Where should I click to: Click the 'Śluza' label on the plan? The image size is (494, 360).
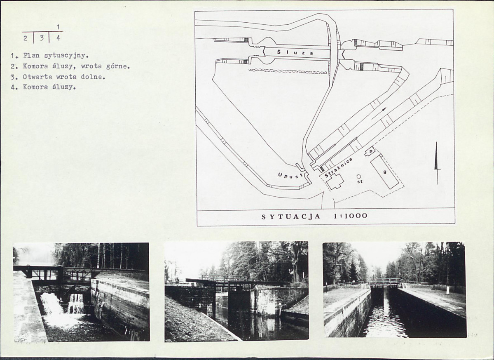pos(295,53)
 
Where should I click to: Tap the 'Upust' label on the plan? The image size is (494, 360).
pos(290,175)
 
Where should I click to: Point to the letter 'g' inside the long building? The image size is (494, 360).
pos(385,172)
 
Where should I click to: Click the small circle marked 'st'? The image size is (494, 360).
pos(358,176)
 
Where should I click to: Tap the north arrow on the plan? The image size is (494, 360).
pos(437,163)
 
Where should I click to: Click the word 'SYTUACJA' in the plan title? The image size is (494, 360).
pos(291,216)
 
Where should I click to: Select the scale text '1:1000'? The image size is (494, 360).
pos(350,216)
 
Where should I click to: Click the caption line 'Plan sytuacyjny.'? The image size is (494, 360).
pos(49,56)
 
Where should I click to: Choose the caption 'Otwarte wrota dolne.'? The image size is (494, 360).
pos(58,77)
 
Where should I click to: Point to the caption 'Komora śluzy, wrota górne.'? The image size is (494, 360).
pos(70,66)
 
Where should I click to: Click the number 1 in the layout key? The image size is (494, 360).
pos(58,27)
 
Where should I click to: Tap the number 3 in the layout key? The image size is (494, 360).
pos(42,38)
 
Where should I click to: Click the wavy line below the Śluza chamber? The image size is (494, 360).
pos(288,71)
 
